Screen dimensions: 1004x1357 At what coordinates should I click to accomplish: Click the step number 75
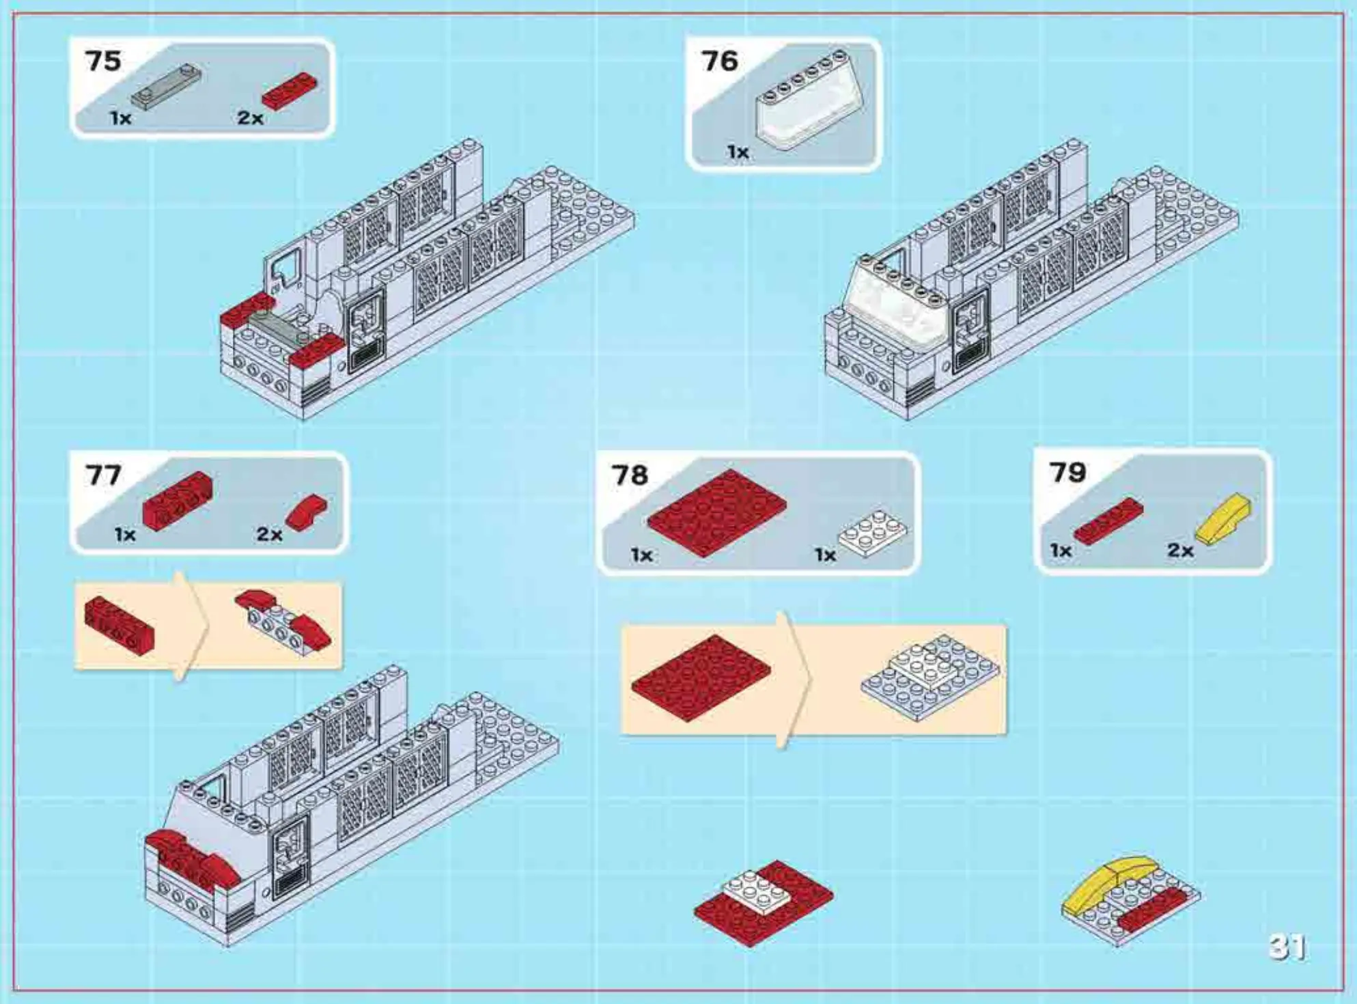pyautogui.click(x=103, y=61)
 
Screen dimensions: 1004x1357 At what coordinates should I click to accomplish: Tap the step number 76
pyautogui.click(x=720, y=61)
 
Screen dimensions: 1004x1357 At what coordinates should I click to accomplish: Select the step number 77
pyautogui.click(x=103, y=475)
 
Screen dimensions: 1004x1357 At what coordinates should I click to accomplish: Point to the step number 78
pyautogui.click(x=630, y=475)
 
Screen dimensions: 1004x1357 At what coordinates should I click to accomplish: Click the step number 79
pyautogui.click(x=1067, y=472)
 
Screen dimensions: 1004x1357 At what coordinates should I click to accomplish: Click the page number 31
pyautogui.click(x=1287, y=947)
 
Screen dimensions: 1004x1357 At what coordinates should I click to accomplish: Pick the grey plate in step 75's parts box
pyautogui.click(x=166, y=87)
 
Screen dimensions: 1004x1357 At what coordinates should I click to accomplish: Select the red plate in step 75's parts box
pyautogui.click(x=290, y=90)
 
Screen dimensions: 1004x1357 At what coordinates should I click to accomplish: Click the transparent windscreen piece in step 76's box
pyautogui.click(x=810, y=100)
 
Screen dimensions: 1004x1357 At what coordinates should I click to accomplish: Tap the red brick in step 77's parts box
pyautogui.click(x=177, y=500)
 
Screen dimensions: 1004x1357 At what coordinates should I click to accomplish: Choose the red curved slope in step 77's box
pyautogui.click(x=307, y=512)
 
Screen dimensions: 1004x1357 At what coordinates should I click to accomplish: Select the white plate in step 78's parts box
pyautogui.click(x=873, y=532)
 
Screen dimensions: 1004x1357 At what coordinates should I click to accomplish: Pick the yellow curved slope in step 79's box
pyautogui.click(x=1223, y=518)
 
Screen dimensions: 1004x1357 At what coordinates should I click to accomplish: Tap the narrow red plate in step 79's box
pyautogui.click(x=1108, y=520)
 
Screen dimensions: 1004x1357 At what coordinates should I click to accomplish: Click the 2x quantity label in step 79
pyautogui.click(x=1180, y=550)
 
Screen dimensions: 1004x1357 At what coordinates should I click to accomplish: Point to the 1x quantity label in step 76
pyautogui.click(x=738, y=152)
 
